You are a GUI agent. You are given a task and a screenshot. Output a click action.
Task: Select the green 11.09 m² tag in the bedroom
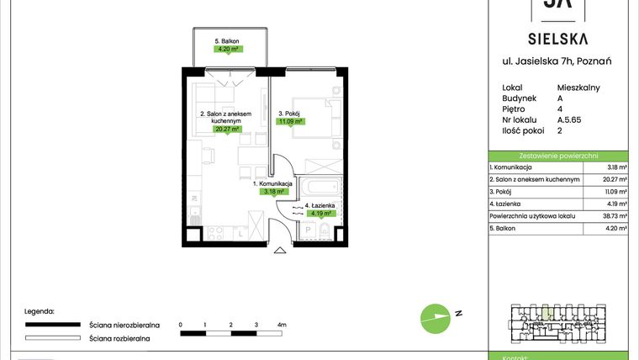point(290,120)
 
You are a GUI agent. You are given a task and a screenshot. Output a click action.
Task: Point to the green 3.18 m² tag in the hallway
point(272,191)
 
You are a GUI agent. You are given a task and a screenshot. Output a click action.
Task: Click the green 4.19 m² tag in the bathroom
point(321,214)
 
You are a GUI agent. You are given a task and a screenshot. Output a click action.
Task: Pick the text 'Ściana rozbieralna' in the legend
point(119,338)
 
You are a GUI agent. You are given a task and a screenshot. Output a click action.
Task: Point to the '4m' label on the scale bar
point(282,324)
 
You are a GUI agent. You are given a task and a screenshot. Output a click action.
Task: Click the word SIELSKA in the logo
point(558,38)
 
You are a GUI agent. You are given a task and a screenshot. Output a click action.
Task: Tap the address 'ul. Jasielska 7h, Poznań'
point(558,61)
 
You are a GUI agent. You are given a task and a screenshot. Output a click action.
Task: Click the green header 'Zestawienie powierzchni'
point(558,156)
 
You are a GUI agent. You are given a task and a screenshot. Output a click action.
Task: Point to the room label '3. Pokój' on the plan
point(290,111)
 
